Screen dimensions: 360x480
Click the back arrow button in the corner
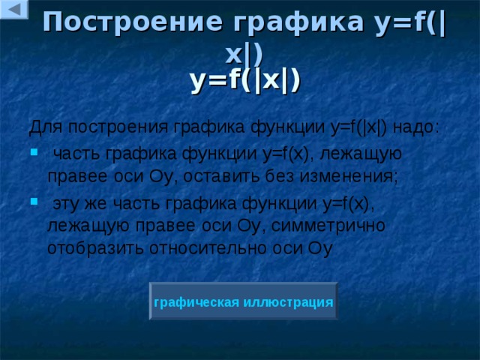(13, 9)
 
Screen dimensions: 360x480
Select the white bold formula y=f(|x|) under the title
(245, 79)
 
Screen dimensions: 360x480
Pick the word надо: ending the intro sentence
(415, 126)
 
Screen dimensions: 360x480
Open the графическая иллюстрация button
(243, 301)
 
